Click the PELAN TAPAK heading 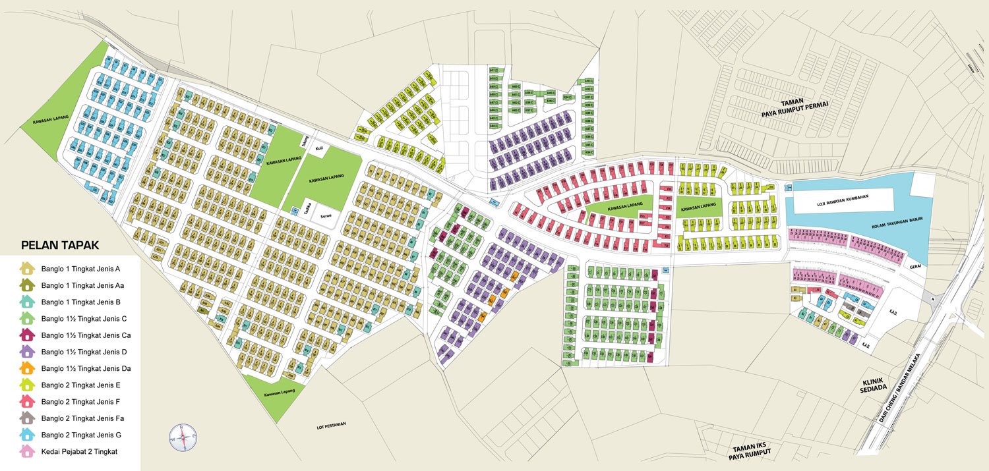[60, 246]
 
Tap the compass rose [183, 436]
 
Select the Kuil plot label [318, 149]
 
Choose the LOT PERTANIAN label [332, 426]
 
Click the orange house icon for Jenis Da [27, 368]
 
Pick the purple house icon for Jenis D [27, 352]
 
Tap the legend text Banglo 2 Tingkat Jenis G [90, 435]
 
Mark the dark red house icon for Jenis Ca [27, 335]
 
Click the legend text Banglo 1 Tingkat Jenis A [90, 269]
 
